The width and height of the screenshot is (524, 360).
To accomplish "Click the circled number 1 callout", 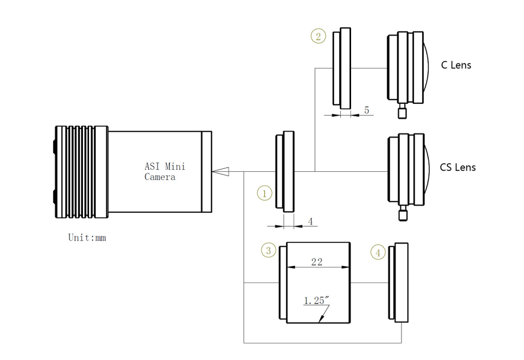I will (264, 193).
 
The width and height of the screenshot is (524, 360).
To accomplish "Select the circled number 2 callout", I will (318, 36).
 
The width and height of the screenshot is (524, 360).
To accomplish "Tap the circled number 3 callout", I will (268, 250).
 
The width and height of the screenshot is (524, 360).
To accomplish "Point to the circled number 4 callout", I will (378, 253).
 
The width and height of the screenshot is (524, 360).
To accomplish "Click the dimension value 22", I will (317, 262).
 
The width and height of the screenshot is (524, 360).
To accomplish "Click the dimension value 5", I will (366, 110).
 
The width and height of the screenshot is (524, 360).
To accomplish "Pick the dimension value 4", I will (310, 221).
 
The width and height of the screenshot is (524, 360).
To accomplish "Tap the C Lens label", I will (456, 65).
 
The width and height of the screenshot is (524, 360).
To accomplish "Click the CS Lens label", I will (458, 167).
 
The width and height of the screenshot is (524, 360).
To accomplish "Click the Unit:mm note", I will (87, 238).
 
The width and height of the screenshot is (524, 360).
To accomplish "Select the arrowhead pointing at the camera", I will (221, 172).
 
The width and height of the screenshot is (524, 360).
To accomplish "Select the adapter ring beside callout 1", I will (286, 171).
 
